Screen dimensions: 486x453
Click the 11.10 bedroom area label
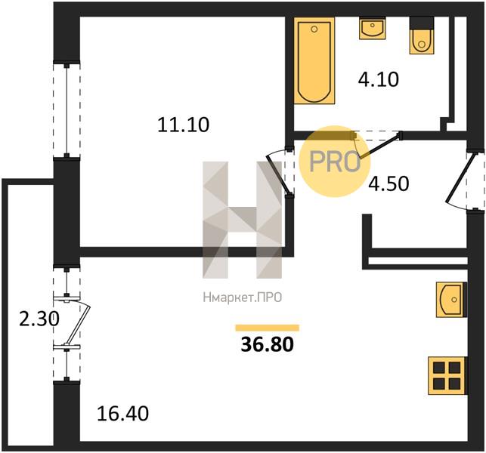pyautogui.click(x=184, y=125)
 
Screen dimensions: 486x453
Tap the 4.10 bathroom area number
pyautogui.click(x=378, y=79)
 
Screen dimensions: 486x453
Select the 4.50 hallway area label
pyautogui.click(x=388, y=183)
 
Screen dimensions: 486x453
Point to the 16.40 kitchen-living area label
pyautogui.click(x=122, y=414)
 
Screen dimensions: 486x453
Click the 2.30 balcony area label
pyautogui.click(x=39, y=319)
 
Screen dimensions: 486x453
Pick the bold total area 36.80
pyautogui.click(x=267, y=344)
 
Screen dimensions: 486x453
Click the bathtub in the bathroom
pyautogui.click(x=314, y=60)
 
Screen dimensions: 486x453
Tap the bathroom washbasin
pyautogui.click(x=373, y=28)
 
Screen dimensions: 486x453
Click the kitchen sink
pyautogui.click(x=451, y=300)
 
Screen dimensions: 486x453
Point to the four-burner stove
pyautogui.click(x=447, y=375)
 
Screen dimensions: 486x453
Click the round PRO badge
pyautogui.click(x=334, y=161)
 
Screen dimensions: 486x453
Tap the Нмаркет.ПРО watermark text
pyautogui.click(x=243, y=297)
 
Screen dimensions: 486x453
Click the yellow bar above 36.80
pyautogui.click(x=267, y=328)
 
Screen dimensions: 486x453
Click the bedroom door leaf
pyautogui.click(x=279, y=174)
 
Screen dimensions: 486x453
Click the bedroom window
pyautogui.click(x=67, y=110)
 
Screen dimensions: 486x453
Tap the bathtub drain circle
pyautogui.click(x=314, y=29)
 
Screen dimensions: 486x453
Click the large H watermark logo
pyautogui.click(x=243, y=220)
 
